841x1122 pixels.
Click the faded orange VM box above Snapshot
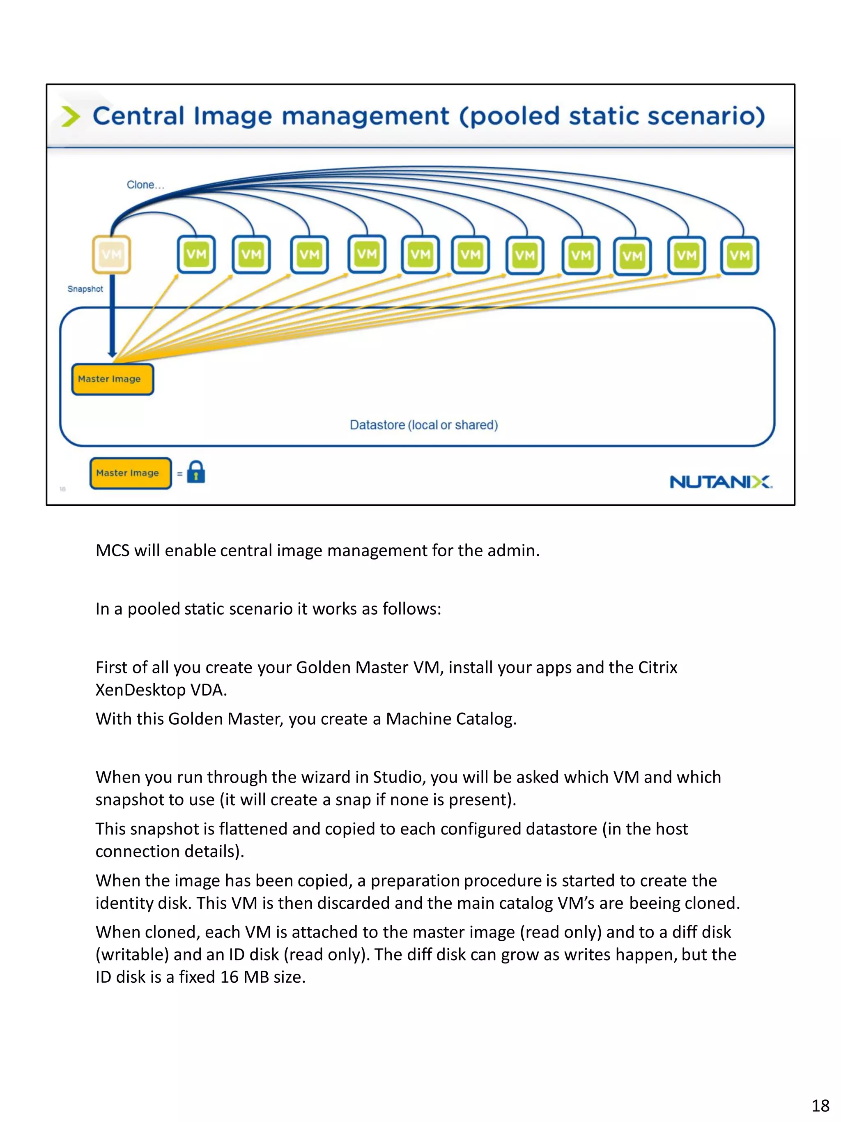pos(111,254)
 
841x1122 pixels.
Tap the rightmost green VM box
pos(739,255)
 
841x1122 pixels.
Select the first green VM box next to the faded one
pos(196,255)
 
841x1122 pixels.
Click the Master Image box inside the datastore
pos(113,379)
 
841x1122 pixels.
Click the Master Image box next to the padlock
pos(130,473)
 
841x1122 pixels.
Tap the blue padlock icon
pos(196,472)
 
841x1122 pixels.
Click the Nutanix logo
pos(720,482)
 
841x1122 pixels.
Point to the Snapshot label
pos(85,289)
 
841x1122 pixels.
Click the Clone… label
pos(145,184)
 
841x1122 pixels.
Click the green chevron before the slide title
pos(71,116)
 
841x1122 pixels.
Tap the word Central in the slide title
pos(138,116)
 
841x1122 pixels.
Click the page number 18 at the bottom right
pos(820,1105)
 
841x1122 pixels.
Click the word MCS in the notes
pos(113,551)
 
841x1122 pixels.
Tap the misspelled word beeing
pos(655,903)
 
